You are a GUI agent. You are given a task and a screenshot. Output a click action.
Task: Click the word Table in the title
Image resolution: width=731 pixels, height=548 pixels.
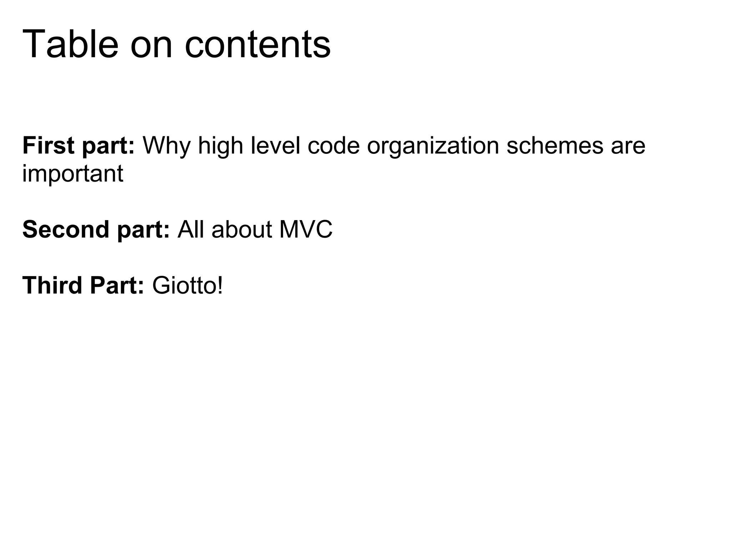click(x=70, y=44)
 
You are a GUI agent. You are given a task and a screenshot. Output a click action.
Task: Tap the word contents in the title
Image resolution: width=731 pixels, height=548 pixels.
click(x=258, y=45)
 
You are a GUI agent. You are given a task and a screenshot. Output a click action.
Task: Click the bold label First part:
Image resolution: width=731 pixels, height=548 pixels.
click(x=79, y=146)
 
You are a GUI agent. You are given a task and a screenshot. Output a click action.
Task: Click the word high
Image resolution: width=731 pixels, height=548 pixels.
click(x=220, y=146)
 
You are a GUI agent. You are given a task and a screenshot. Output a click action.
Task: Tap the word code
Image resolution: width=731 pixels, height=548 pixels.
click(x=333, y=146)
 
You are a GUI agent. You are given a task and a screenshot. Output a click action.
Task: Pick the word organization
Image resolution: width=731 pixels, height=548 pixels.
click(x=433, y=147)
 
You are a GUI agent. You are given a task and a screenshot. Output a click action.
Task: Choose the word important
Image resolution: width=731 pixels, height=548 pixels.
click(x=73, y=174)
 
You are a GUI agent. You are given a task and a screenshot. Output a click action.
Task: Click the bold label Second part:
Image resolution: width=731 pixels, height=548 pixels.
click(x=96, y=229)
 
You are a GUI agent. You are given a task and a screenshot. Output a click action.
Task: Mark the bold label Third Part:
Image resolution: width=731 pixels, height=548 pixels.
click(x=83, y=286)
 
